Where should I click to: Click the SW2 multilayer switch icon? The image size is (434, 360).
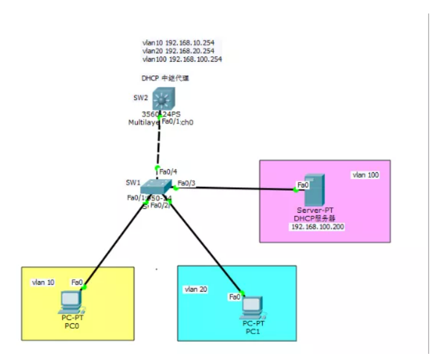coord(163,99)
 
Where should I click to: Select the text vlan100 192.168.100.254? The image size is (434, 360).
coord(181,59)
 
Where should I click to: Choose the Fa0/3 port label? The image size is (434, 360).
coord(186,183)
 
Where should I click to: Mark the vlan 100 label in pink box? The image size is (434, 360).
coord(365,175)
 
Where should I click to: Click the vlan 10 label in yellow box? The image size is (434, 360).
coord(43,282)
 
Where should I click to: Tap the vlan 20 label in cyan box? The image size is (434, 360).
coord(197,288)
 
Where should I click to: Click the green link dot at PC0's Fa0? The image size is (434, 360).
coord(84,286)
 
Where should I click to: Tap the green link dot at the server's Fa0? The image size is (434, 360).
coord(295,190)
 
